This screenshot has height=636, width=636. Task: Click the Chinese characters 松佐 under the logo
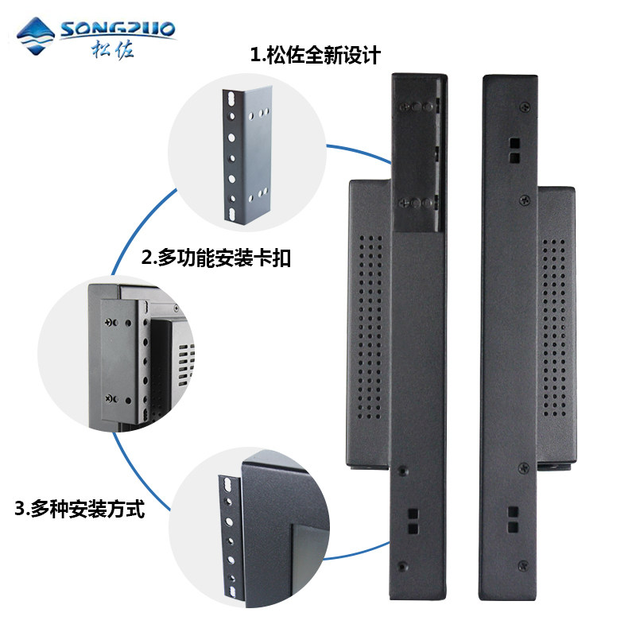[112, 50]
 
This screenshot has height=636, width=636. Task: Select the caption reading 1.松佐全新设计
[316, 56]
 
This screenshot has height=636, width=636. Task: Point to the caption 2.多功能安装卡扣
[215, 258]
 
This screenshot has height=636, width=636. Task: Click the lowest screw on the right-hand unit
[523, 566]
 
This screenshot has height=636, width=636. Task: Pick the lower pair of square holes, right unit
[514, 520]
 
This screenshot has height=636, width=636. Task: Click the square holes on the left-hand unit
[413, 520]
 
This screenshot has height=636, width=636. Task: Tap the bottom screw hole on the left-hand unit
[401, 566]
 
